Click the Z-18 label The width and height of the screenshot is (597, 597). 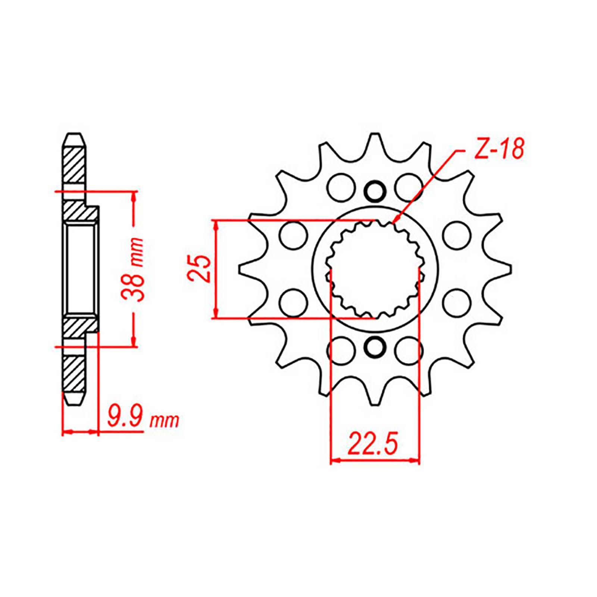point(497,150)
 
